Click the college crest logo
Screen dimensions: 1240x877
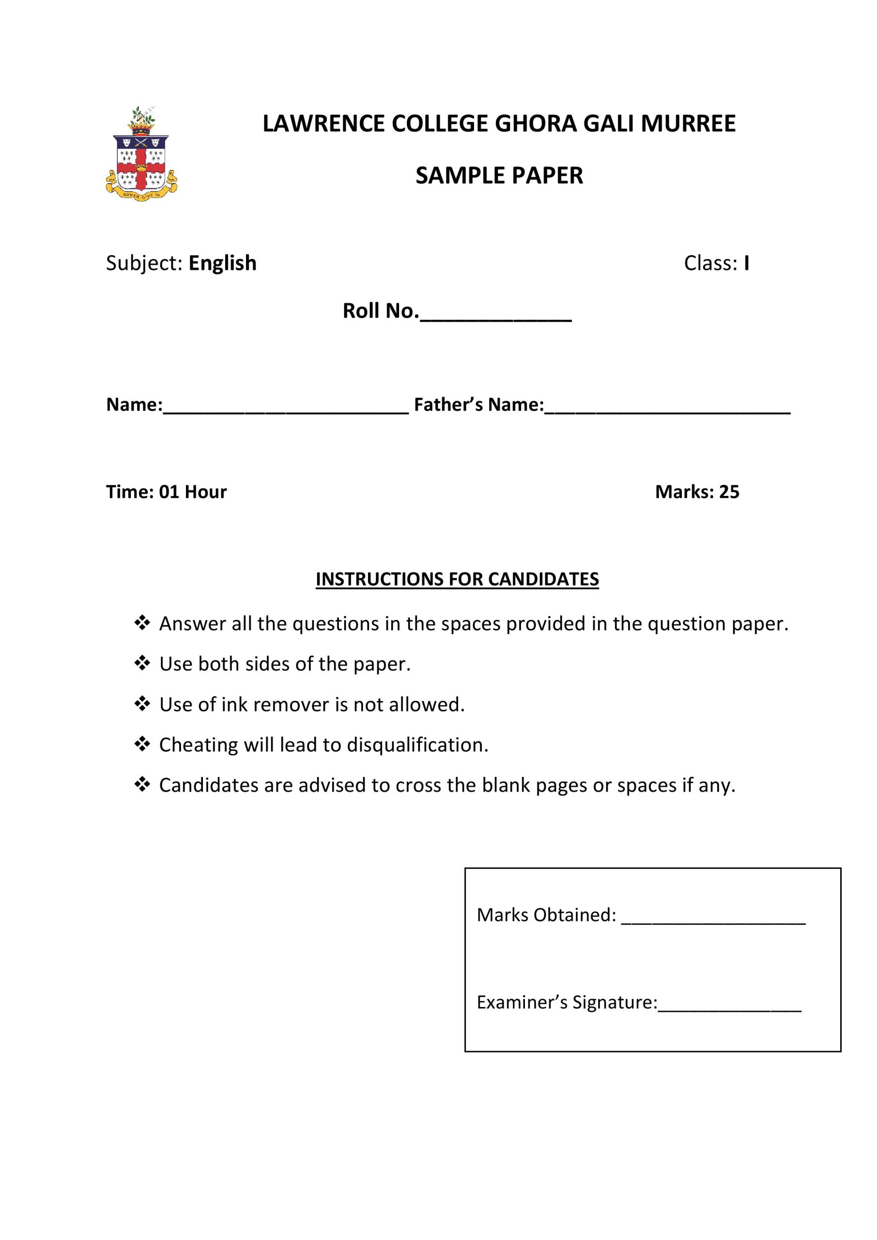point(141,155)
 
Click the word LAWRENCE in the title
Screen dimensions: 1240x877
point(324,124)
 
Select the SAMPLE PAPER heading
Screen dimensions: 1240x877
point(499,176)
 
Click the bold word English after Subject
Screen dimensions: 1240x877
point(222,263)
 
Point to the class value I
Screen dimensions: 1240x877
point(746,263)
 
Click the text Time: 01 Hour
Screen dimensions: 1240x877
point(166,492)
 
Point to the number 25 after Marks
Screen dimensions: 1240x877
point(729,492)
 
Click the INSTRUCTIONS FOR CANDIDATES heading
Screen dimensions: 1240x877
point(457,579)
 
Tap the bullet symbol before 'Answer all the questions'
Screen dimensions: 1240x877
point(142,623)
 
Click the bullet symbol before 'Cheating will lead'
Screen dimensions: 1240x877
point(142,744)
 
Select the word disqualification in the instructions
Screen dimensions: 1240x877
point(417,745)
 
